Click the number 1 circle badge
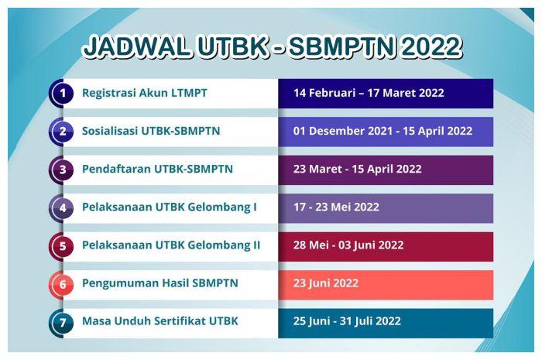pos(61,94)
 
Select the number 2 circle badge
pos(61,132)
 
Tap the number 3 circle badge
pos(61,170)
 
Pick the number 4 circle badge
pos(61,207)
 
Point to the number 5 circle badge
pos(61,245)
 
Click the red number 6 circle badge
pos(61,283)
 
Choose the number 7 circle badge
pos(61,321)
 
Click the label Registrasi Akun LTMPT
pos(145,93)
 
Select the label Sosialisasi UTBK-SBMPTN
pos(151,131)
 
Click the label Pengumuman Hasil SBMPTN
pos(160,283)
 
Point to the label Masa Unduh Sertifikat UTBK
pos(160,321)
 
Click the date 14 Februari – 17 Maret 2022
pos(369,93)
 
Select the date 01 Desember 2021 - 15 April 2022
pos(382,131)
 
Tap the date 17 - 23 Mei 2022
pos(336,207)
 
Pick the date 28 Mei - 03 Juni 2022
pos(348,245)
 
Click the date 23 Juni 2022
pos(326,283)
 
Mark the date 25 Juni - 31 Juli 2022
pos(347,321)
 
